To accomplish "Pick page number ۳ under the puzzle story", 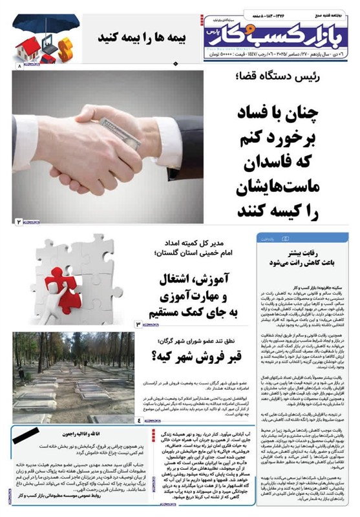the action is tap(137, 322).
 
